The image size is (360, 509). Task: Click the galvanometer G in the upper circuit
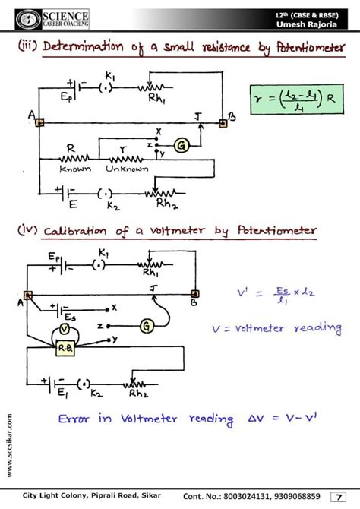click(x=182, y=144)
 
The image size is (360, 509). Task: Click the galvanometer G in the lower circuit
click(x=147, y=326)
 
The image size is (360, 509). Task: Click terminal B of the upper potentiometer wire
click(x=223, y=122)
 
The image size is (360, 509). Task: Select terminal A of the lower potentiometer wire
click(x=27, y=295)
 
